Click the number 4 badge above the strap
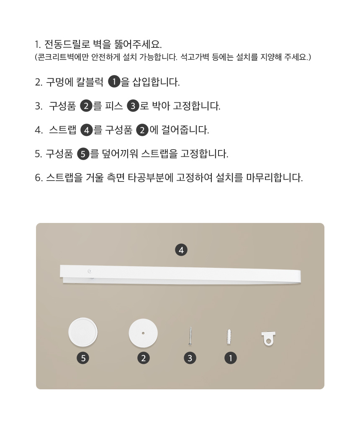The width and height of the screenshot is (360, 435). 181,250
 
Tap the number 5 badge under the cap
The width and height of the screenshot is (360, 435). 83,358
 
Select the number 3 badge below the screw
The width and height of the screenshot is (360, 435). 190,358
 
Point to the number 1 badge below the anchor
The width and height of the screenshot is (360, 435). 230,358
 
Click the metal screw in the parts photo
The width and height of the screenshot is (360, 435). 190,336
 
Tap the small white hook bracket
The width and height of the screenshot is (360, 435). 268,339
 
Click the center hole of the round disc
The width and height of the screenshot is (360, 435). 143,334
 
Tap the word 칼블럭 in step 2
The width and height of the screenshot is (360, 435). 90,82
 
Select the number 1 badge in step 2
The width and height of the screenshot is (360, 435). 114,82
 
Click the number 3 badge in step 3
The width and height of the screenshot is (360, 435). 133,106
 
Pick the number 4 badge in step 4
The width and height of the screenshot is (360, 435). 86,130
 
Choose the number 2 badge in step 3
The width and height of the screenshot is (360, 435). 86,106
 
